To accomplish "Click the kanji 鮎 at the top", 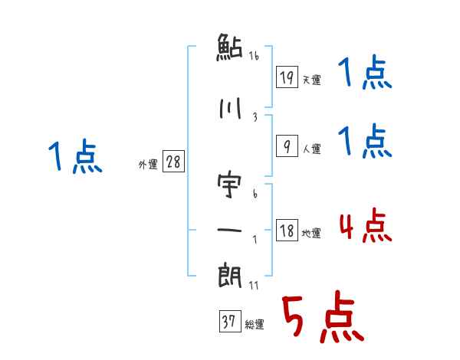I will click(x=229, y=48).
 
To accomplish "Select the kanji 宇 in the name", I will click(x=229, y=185).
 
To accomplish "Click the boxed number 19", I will click(x=286, y=77).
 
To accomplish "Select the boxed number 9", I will click(x=286, y=147).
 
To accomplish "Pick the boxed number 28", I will click(x=172, y=162).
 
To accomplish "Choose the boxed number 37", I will click(x=229, y=322).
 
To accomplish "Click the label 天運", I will click(x=311, y=80).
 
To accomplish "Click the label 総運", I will click(x=255, y=325).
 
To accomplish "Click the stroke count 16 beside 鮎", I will click(x=255, y=55).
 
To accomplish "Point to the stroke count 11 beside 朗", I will click(x=255, y=285).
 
